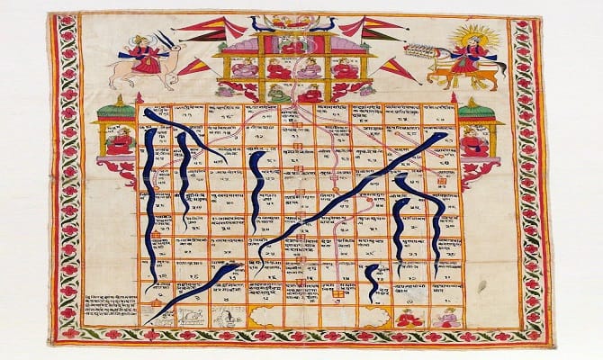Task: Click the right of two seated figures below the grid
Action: click(x=443, y=316)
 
